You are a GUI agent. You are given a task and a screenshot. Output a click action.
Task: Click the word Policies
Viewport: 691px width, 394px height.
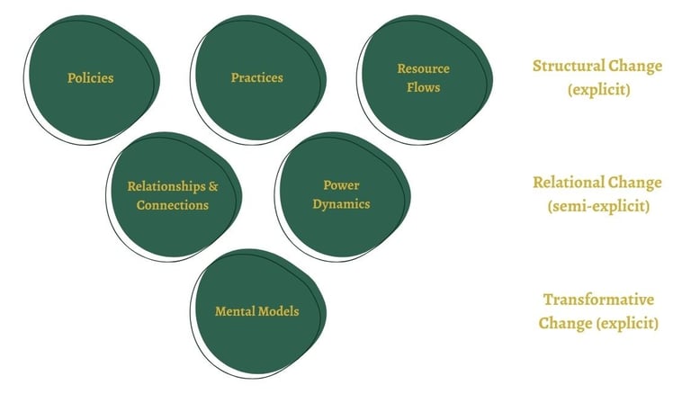click(x=90, y=77)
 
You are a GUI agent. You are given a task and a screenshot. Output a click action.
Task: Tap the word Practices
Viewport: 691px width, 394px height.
click(x=256, y=77)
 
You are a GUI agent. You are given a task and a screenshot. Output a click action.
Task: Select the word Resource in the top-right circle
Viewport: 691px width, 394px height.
click(x=423, y=68)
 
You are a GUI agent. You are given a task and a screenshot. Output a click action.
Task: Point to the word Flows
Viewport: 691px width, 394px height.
click(x=423, y=87)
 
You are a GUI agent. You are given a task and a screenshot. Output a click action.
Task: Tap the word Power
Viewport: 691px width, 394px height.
click(x=341, y=185)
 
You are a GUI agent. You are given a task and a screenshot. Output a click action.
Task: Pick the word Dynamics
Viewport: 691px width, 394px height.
click(x=341, y=203)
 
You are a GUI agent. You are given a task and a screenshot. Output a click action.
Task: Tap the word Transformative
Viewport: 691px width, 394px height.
click(x=597, y=300)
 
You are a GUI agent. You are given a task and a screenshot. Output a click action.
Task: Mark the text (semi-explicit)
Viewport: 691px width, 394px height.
click(x=597, y=206)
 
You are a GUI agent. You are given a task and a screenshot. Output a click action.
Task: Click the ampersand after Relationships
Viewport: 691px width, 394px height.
click(x=212, y=187)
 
